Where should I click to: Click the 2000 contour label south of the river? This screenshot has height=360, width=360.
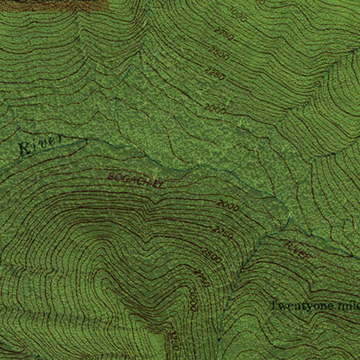click(x=225, y=206)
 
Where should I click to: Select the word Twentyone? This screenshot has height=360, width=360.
click(x=299, y=305)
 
